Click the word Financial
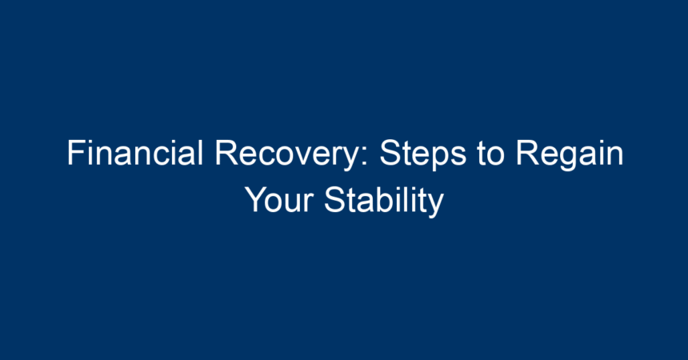134,153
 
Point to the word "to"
490,154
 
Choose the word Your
279,200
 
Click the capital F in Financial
76,154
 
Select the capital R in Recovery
226,154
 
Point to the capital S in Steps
390,154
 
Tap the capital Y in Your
256,200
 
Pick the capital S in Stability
334,200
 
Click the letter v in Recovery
316,157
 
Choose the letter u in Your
294,204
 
